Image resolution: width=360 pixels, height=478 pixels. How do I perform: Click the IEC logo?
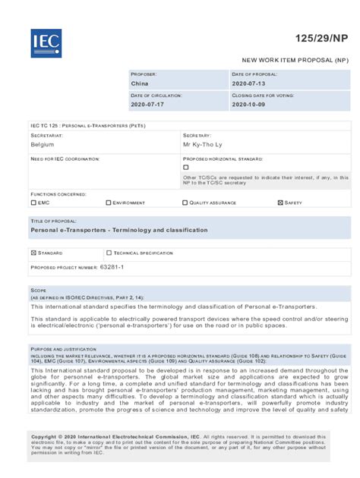point(46,43)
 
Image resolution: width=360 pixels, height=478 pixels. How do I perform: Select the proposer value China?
point(141,83)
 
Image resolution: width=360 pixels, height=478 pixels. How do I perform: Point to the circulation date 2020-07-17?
point(147,105)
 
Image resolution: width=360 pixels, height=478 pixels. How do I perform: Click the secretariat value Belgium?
point(43,143)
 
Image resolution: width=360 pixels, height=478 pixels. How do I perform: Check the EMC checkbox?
point(33,203)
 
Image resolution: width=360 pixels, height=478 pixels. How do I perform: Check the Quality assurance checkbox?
point(185,203)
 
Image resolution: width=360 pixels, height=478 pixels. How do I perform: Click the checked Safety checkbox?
point(280,203)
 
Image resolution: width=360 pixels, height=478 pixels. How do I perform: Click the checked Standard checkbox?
point(33,253)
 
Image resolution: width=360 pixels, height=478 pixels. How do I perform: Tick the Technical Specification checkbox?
point(109,253)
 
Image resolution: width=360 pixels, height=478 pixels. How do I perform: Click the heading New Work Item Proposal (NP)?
point(295,58)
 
